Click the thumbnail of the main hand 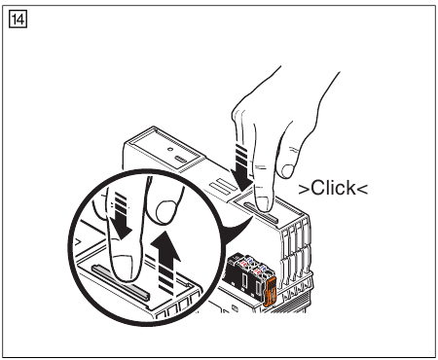[287, 167]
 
